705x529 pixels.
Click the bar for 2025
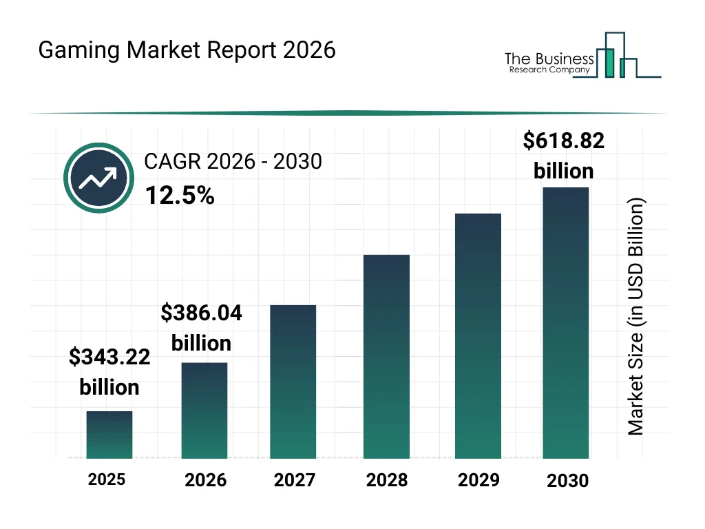[x=109, y=435]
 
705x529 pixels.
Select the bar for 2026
[x=204, y=411]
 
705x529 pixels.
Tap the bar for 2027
[x=293, y=382]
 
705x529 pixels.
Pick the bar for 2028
[x=386, y=357]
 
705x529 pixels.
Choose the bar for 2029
[x=478, y=336]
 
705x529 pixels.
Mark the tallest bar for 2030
[x=566, y=322]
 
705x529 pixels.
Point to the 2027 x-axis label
[x=295, y=480]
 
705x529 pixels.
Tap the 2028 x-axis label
[x=386, y=480]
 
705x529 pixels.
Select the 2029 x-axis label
[x=478, y=479]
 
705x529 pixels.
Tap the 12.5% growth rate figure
[x=180, y=196]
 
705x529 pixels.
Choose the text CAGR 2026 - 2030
[x=233, y=162]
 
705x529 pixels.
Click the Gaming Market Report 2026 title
[x=187, y=50]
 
